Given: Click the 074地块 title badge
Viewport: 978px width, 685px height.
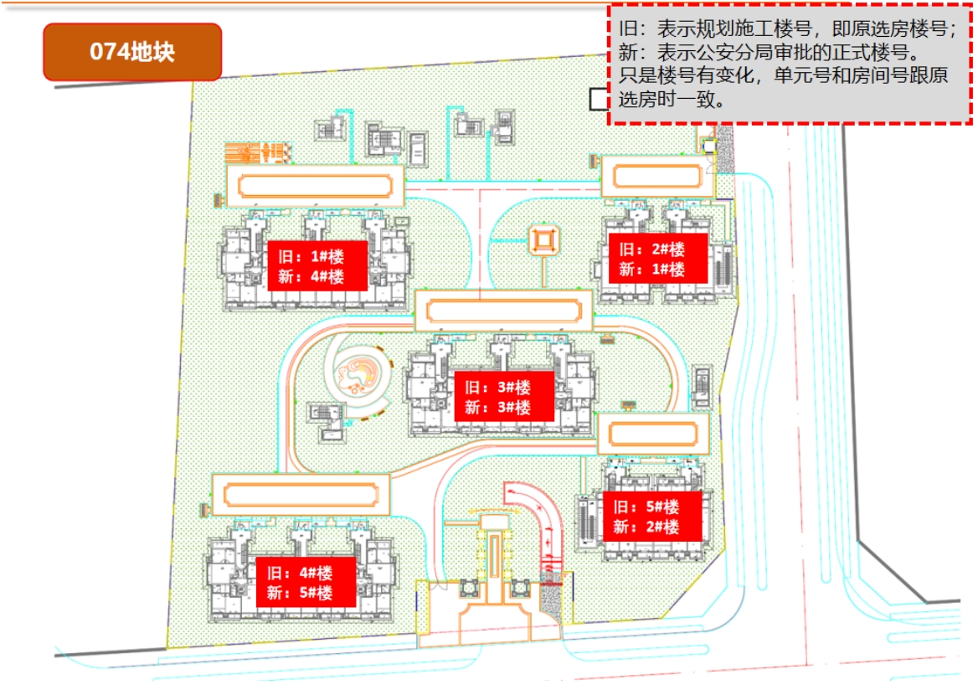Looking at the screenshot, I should coord(132,52).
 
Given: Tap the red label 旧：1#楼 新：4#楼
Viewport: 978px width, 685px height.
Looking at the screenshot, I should coord(317,265).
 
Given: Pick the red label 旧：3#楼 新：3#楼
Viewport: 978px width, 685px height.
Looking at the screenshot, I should coord(504,397).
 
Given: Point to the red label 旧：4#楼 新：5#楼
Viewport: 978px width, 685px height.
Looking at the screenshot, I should coord(306,583).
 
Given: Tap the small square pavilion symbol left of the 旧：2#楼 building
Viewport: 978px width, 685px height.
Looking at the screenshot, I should coord(543,243).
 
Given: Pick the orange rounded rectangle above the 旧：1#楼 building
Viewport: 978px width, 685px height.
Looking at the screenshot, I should coord(316,184).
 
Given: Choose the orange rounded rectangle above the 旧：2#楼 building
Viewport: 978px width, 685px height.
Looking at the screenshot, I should coord(657,177).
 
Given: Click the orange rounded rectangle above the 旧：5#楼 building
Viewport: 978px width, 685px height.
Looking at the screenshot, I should coord(653,434).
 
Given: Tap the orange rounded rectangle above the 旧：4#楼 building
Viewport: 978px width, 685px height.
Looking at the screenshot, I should coord(301,494).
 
